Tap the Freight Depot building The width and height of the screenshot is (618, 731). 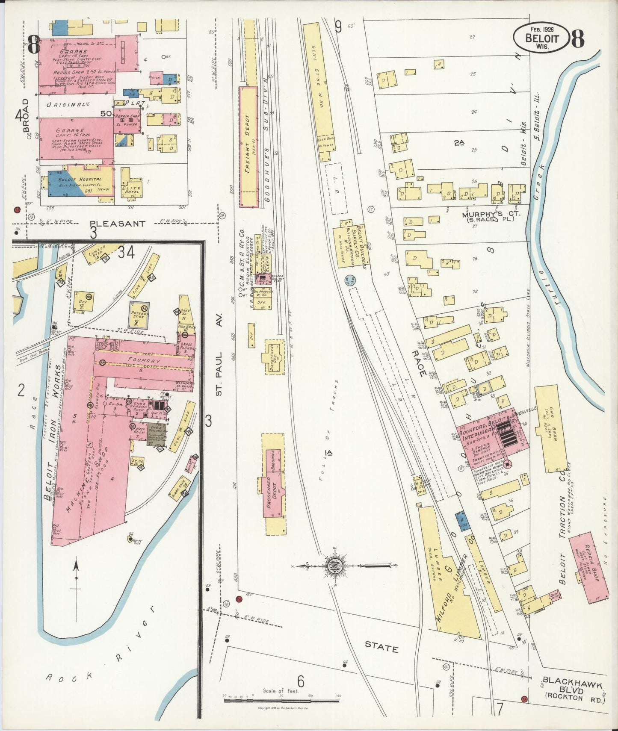coord(248,147)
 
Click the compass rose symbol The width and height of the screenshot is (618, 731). coord(333,566)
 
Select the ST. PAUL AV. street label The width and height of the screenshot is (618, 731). coord(220,370)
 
